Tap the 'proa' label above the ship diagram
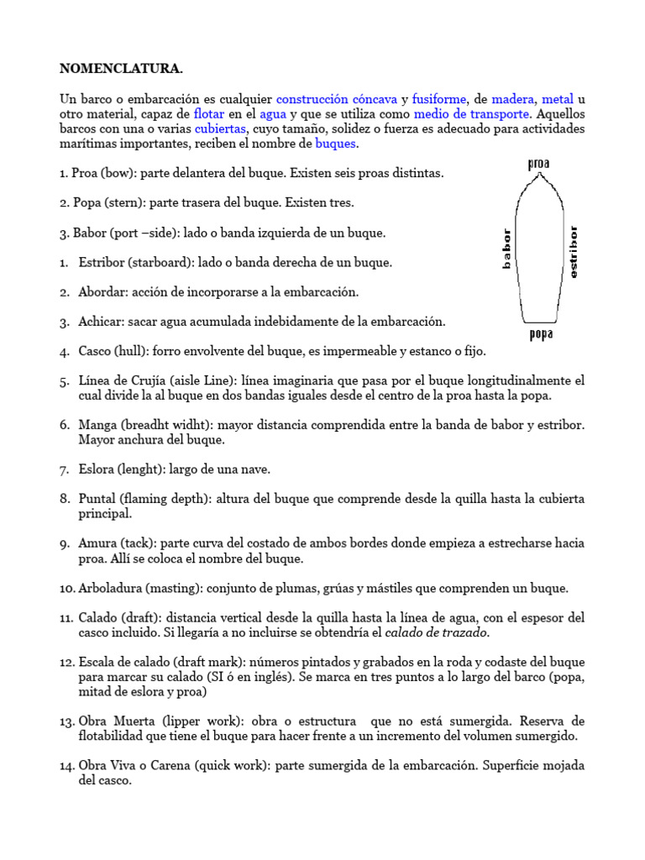538,163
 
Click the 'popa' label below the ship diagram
540,334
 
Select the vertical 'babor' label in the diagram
506,249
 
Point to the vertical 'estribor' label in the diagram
574,252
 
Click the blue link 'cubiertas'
220,128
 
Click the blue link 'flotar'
208,113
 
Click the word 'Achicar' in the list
100,322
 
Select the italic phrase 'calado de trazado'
438,632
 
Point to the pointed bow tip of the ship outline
540,175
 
